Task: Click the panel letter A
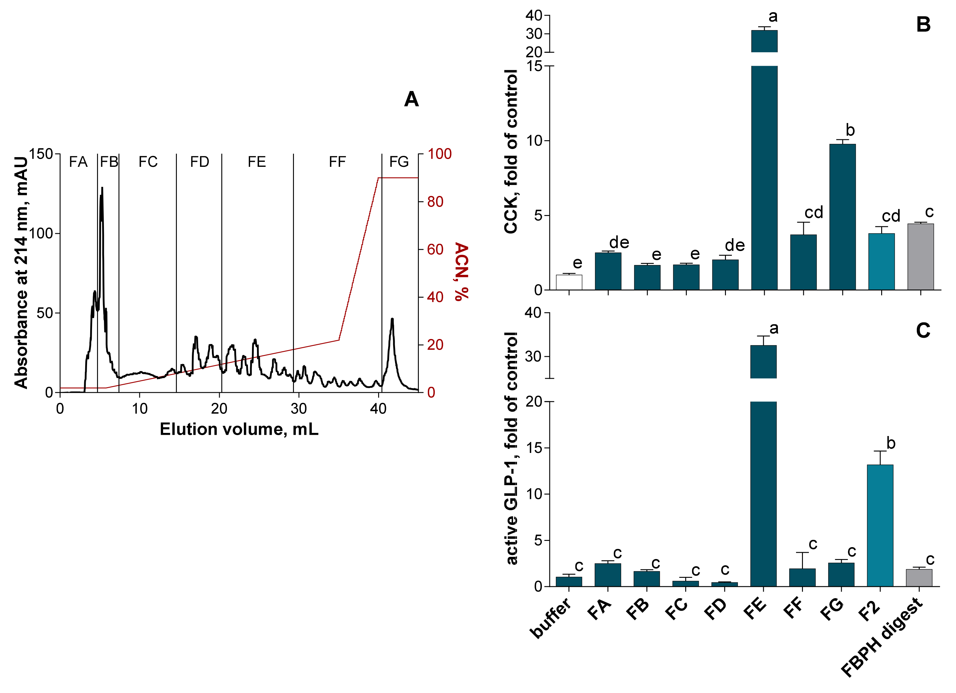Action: (411, 100)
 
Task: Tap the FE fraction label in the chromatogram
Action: (256, 162)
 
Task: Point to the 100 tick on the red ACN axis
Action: (439, 154)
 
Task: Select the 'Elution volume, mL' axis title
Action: (239, 429)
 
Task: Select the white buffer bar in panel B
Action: (569, 282)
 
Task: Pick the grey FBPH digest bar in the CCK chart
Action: (920, 257)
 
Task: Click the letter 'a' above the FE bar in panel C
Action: (774, 328)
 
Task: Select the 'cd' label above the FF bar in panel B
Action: (813, 213)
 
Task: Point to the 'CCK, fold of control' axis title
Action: (511, 152)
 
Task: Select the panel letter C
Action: (923, 331)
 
